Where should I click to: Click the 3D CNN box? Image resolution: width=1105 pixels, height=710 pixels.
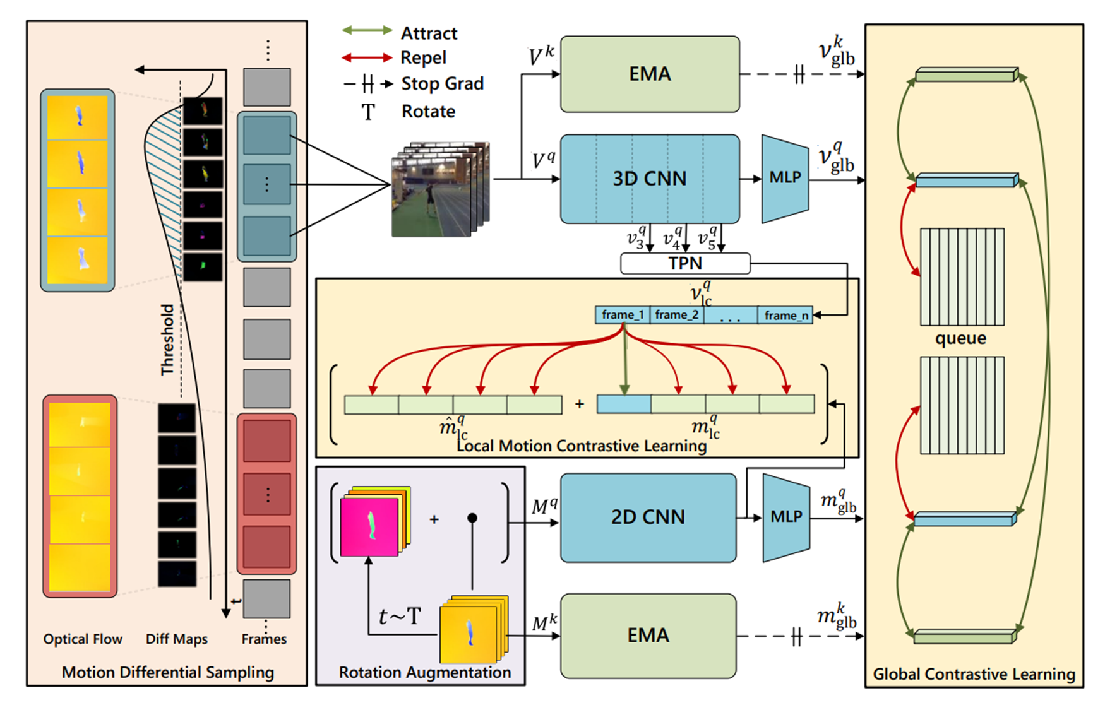click(x=649, y=179)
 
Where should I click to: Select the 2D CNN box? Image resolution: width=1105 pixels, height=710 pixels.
click(x=648, y=517)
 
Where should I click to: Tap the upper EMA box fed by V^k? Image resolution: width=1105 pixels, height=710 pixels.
click(x=649, y=74)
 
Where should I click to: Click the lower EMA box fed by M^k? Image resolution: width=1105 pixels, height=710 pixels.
click(x=648, y=635)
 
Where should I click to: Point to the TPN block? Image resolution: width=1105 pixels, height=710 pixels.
click(x=685, y=263)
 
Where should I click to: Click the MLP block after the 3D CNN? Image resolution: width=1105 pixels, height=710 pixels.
click(x=785, y=178)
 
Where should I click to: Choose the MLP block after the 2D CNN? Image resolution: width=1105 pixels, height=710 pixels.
click(x=786, y=517)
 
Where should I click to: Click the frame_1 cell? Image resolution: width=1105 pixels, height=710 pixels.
click(x=623, y=315)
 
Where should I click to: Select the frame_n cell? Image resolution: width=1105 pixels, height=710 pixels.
click(x=785, y=315)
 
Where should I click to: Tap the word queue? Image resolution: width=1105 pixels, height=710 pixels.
click(x=960, y=338)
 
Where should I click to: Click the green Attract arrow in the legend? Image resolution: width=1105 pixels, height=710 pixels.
click(x=367, y=31)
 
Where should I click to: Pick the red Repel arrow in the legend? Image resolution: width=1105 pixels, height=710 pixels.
click(x=367, y=57)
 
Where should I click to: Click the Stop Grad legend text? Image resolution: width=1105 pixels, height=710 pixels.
click(x=442, y=83)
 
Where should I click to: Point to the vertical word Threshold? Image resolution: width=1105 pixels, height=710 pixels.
click(x=167, y=340)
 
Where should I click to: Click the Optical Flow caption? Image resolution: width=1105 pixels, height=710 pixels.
click(x=83, y=639)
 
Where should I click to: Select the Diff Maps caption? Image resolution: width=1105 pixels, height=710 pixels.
click(x=177, y=639)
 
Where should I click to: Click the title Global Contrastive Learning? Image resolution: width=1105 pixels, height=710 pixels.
click(x=974, y=674)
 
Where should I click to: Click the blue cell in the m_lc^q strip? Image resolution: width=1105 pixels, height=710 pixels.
click(x=624, y=404)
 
